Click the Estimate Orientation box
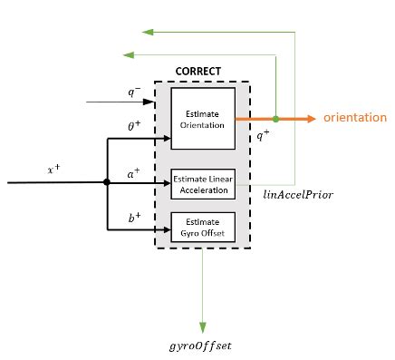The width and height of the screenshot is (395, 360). pos(203,118)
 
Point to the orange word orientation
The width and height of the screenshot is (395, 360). pos(354,119)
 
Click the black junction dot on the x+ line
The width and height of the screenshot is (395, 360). pos(107,182)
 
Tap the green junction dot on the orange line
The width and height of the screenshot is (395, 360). pos(275,119)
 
